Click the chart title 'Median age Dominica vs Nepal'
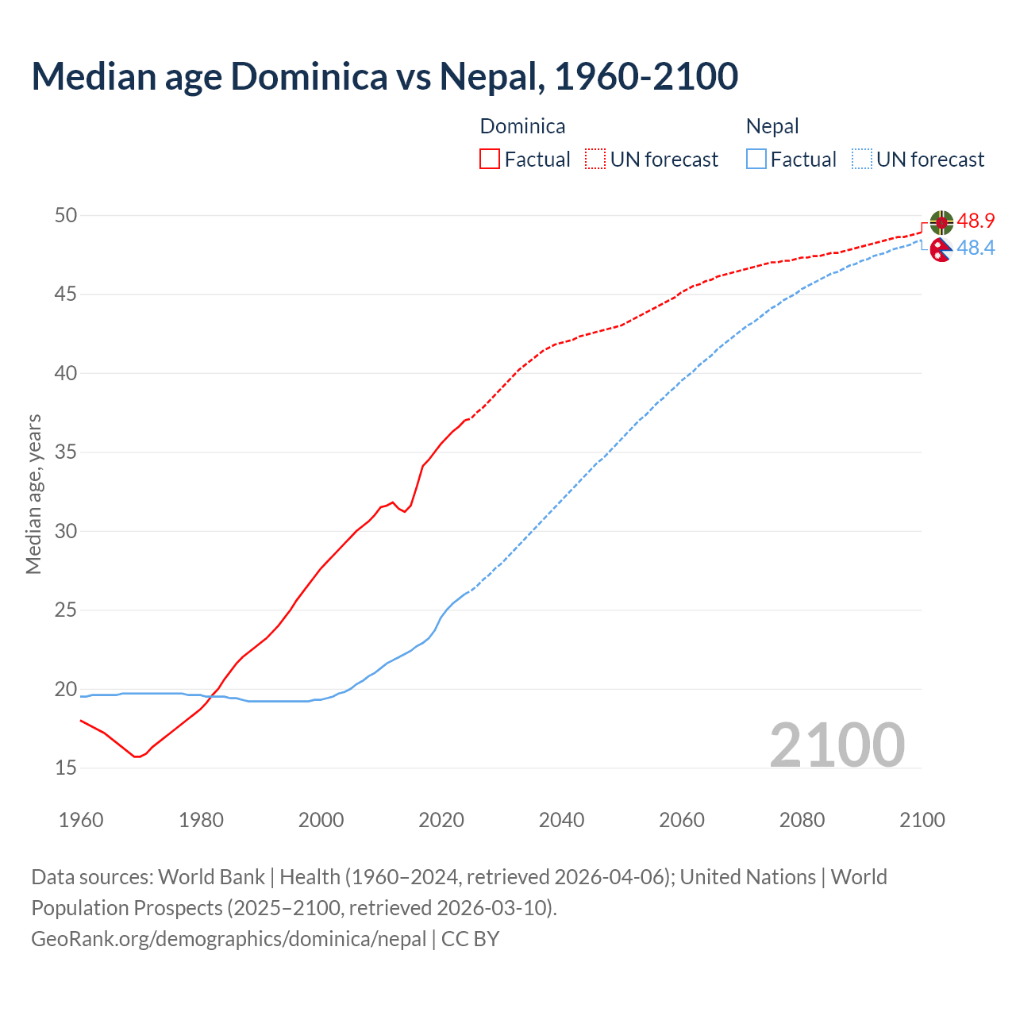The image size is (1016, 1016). click(x=385, y=76)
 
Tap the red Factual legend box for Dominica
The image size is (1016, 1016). click(x=490, y=160)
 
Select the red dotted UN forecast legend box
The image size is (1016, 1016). click(x=595, y=160)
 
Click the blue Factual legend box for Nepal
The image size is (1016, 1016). click(x=756, y=160)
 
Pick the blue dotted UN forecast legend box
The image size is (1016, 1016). click(x=862, y=160)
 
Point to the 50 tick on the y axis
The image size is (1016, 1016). click(x=66, y=215)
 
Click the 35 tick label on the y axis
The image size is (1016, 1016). click(x=66, y=452)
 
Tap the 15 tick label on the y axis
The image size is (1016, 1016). click(x=66, y=768)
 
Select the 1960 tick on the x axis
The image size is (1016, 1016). click(x=81, y=820)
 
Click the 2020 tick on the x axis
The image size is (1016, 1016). click(x=441, y=820)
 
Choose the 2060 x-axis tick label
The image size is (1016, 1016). click(x=682, y=820)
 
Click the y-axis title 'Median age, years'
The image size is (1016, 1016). click(x=33, y=494)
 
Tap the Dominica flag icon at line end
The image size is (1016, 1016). click(x=941, y=222)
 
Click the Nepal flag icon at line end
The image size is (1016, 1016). click(x=941, y=249)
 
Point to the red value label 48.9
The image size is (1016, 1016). click(x=976, y=221)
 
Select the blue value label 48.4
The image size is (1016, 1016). click(x=976, y=248)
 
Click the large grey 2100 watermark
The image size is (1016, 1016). click(x=837, y=745)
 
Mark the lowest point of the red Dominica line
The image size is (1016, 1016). click(x=137, y=756)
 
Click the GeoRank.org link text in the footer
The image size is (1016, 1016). click(x=229, y=939)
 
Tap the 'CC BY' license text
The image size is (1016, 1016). click(x=470, y=939)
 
